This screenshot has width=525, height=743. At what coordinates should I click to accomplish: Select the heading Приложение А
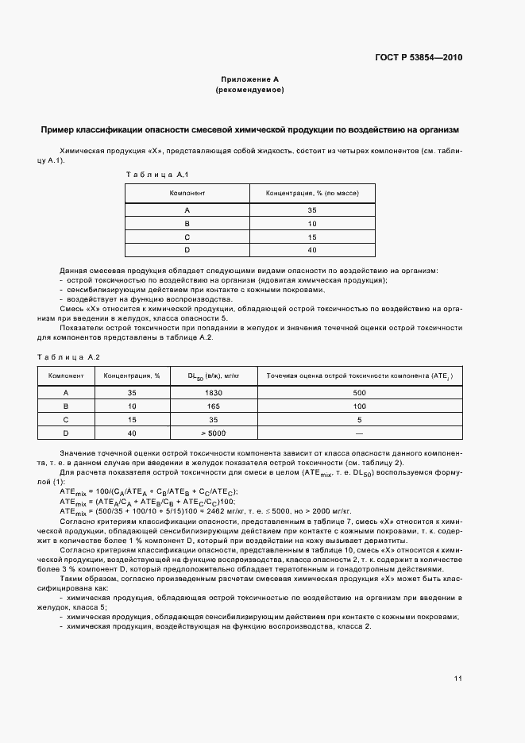point(250,79)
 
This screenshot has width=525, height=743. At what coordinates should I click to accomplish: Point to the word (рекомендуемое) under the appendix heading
point(250,91)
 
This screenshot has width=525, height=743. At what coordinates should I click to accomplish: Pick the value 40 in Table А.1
point(312,249)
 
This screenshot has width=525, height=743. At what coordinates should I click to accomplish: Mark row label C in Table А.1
point(187,237)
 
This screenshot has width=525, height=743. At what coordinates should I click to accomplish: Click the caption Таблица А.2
point(68,357)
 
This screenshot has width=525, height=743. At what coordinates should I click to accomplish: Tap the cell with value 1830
point(212,393)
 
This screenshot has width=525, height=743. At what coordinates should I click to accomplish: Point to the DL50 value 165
point(212,406)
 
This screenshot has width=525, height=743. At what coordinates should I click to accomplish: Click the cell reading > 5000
point(212,432)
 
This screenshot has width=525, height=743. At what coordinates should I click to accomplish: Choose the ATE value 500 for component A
point(359,393)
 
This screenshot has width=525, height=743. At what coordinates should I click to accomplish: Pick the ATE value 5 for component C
point(359,419)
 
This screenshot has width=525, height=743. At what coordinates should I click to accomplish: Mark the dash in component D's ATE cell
point(359,432)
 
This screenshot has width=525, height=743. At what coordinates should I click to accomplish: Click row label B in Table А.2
point(65,406)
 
